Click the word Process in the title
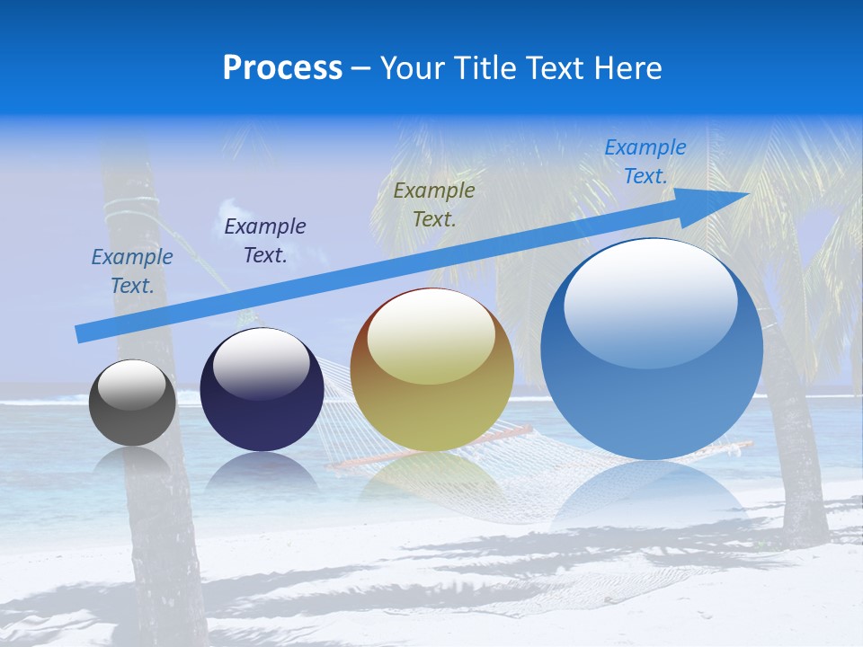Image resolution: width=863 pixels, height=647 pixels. click(282, 68)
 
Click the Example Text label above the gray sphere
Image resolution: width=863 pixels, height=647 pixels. click(132, 271)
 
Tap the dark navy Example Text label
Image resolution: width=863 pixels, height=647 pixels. click(265, 241)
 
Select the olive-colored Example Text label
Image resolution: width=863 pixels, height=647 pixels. click(434, 204)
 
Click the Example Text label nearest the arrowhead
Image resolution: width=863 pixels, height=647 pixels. click(645, 162)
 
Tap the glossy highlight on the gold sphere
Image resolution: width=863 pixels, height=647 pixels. click(431, 337)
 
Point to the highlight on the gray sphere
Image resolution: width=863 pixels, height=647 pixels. click(132, 384)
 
